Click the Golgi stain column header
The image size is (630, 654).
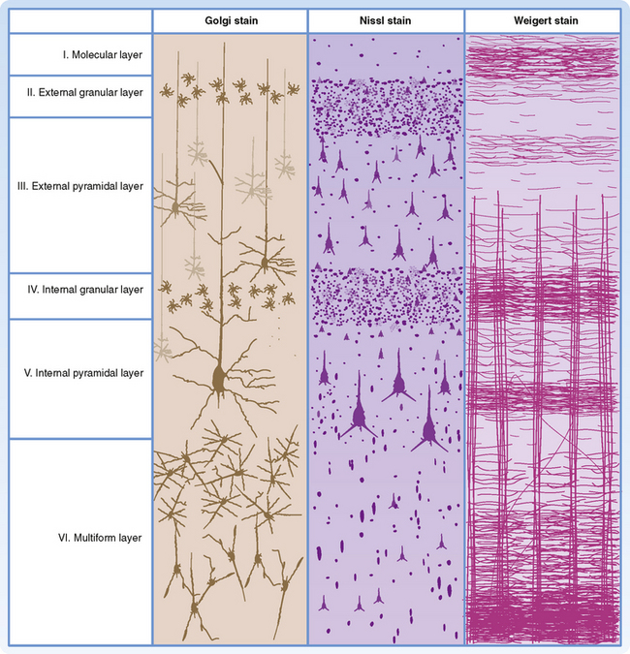click(230, 21)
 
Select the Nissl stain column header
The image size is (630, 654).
click(386, 21)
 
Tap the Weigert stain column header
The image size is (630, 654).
click(542, 21)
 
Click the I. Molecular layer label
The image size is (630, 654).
click(102, 55)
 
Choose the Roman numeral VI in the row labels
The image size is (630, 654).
click(66, 536)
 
